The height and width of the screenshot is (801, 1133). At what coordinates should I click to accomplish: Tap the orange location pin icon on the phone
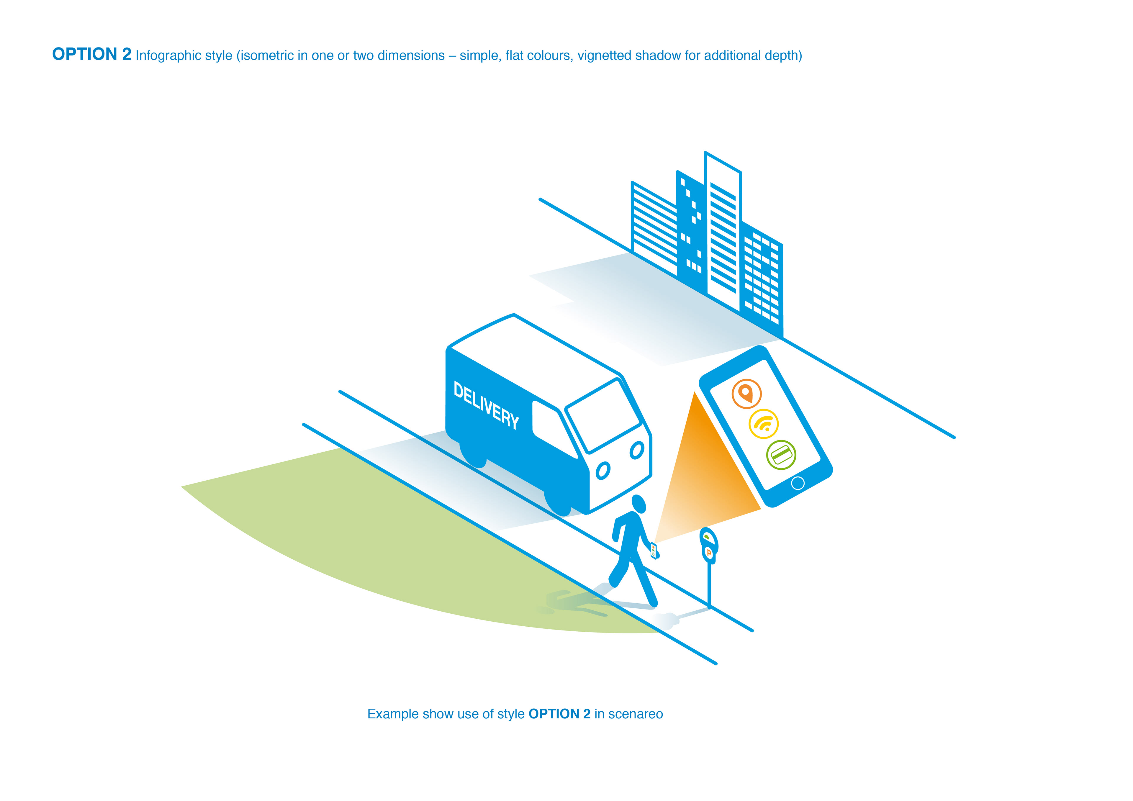click(x=746, y=393)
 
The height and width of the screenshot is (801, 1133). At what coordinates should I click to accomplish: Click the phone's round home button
click(x=798, y=483)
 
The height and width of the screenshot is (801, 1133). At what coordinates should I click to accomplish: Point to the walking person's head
click(x=638, y=504)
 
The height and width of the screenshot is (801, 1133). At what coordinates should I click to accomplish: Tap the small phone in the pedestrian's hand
click(x=654, y=550)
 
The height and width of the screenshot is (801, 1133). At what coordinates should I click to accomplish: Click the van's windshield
click(x=603, y=415)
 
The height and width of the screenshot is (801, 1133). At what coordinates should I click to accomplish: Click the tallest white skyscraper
click(x=723, y=232)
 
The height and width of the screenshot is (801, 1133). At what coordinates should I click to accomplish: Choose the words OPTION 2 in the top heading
click(x=92, y=54)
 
